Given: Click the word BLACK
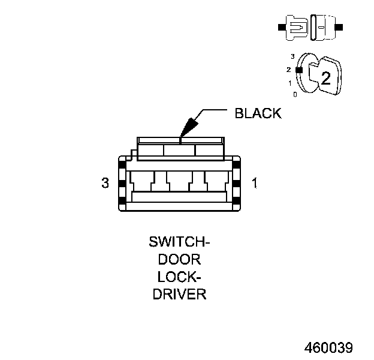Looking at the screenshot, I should click(258, 113).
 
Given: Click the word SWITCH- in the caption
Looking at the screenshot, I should click(180, 243).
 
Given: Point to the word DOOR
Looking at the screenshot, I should click(180, 260).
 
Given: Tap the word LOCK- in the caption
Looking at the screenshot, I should click(180, 277).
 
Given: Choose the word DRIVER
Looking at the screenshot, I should click(180, 295).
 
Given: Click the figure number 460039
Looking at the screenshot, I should click(328, 347).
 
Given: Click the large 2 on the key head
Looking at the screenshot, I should click(325, 78).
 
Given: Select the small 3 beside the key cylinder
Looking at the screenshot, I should click(292, 56).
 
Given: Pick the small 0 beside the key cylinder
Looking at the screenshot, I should click(294, 94).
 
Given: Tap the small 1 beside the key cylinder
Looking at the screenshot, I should click(290, 83).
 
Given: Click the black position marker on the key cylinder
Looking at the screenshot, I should click(299, 70).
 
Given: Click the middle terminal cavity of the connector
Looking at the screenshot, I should click(180, 180).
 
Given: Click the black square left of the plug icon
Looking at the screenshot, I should click(280, 28).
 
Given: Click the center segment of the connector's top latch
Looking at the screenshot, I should click(180, 150).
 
